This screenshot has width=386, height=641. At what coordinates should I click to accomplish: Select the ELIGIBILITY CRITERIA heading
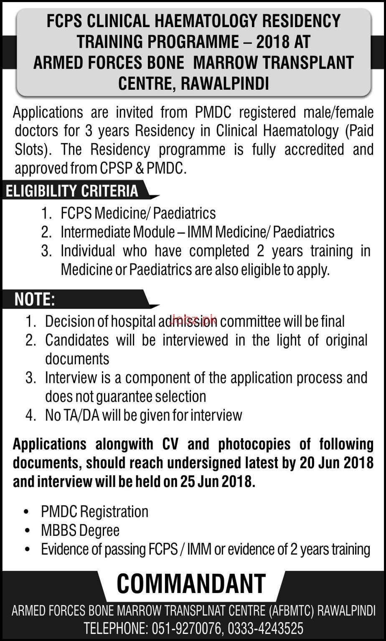[x=71, y=191]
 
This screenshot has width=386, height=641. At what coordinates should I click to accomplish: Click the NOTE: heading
[x=35, y=299]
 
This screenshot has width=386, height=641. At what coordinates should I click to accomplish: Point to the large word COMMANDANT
[x=191, y=584]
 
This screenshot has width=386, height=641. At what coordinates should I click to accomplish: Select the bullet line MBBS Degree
[x=80, y=530]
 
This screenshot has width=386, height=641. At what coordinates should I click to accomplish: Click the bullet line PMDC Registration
[x=94, y=512]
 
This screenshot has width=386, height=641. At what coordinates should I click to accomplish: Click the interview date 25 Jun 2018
[x=216, y=481]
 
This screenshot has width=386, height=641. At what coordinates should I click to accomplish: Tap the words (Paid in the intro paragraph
[x=359, y=131]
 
